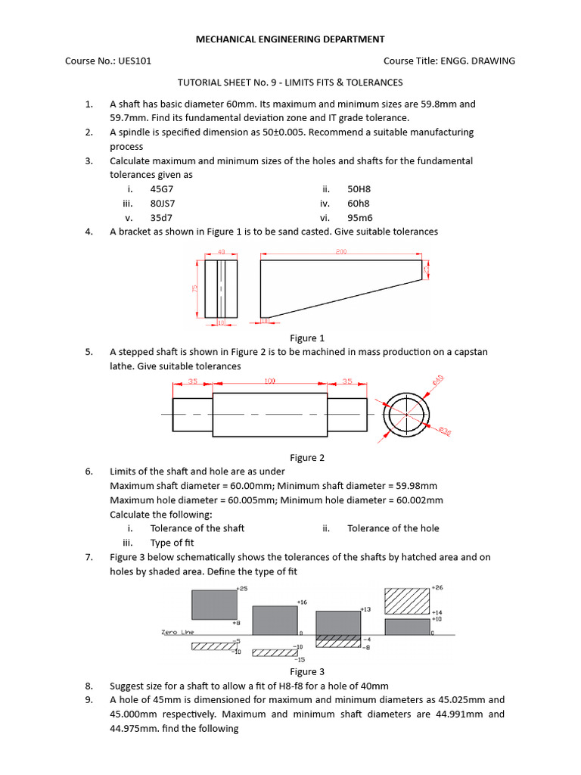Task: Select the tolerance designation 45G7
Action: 163,189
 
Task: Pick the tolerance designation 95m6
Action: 359,217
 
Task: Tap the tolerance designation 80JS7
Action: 163,204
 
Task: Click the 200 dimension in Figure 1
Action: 341,251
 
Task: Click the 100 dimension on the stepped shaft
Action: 269,382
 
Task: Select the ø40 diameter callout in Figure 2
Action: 438,380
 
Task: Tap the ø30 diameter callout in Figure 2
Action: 446,431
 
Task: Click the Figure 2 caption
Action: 307,457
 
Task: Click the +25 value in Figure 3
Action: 242,588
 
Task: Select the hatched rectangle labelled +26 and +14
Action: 407,601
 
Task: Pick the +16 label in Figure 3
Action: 303,602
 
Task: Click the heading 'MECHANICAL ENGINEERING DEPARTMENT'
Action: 290,39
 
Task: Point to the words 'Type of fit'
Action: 172,543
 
